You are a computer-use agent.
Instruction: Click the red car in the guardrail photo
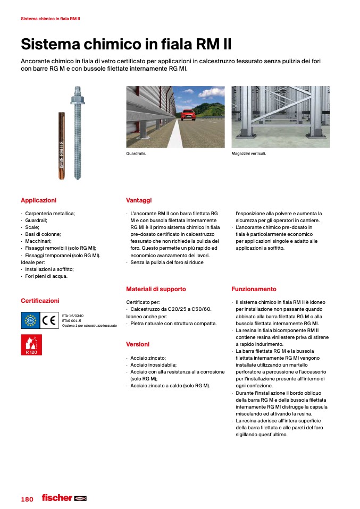coord(188,115)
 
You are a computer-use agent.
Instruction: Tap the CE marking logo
coord(49,320)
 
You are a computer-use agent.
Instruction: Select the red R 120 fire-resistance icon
coord(31,345)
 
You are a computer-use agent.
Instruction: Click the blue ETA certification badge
coord(30,320)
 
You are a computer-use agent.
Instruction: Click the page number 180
coord(27,499)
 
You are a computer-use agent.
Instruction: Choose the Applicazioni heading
coord(38,200)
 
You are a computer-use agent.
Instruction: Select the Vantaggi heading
coord(139,200)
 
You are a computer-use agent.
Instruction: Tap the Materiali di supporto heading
coord(156,289)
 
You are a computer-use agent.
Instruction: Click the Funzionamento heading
coord(254,289)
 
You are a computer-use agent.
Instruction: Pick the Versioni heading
coord(138,344)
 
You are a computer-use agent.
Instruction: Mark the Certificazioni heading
coord(40,301)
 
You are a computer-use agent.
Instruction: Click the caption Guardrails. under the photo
coord(136,153)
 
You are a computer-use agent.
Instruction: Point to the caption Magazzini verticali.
coord(249,153)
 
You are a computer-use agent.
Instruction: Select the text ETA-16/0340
coord(72,315)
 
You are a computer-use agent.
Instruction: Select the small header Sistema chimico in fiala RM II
coord(50,19)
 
